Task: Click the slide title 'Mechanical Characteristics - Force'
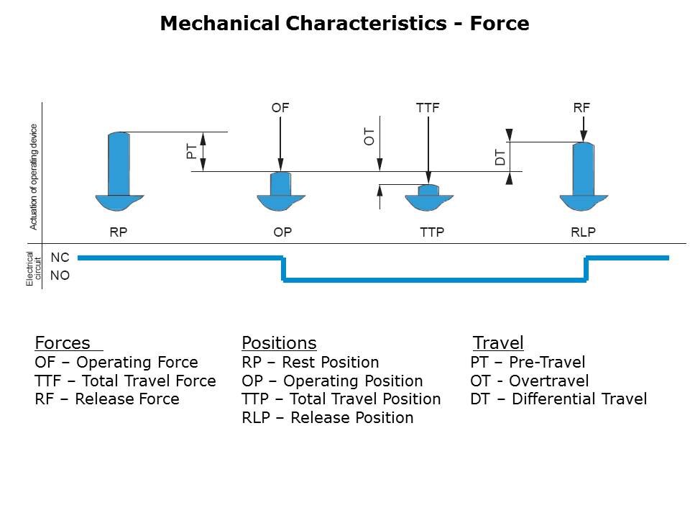(x=344, y=24)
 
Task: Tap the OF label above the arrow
(x=280, y=108)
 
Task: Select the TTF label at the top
(x=428, y=108)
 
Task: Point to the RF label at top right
(x=581, y=108)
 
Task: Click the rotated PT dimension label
(x=192, y=151)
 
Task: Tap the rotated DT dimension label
(x=500, y=157)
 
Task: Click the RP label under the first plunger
(x=119, y=232)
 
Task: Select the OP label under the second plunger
(x=282, y=232)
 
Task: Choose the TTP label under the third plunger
(x=432, y=232)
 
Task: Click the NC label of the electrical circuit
(x=60, y=258)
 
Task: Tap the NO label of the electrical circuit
(x=60, y=275)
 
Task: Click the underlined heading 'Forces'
(x=63, y=342)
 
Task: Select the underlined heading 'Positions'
(x=279, y=342)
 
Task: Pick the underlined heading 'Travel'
(x=498, y=342)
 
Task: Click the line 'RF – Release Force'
(x=107, y=399)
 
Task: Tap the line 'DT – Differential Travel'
(x=558, y=399)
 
